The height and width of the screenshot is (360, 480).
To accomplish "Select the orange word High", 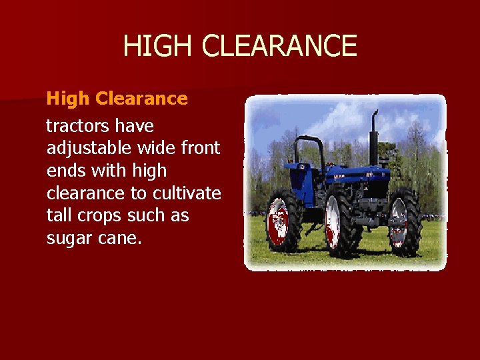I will (x=67, y=99).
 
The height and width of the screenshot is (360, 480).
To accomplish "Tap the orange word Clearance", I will (x=141, y=99).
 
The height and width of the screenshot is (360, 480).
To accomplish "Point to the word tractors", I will (x=77, y=125).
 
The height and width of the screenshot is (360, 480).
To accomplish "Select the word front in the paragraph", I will (x=199, y=148).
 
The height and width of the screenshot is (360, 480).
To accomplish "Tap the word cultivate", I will (x=187, y=193).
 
